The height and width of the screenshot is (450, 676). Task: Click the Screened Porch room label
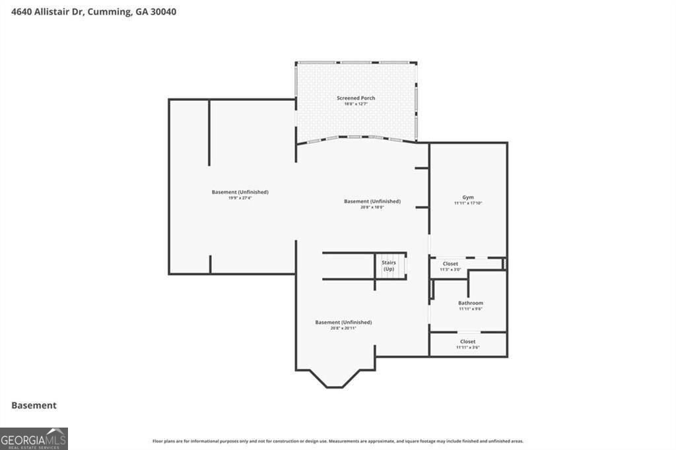356,98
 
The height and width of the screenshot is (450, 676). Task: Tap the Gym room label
468,197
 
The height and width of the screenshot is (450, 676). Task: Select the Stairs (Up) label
389,266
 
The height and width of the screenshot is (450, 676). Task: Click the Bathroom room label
471,303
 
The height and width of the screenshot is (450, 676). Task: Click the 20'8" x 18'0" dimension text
372,207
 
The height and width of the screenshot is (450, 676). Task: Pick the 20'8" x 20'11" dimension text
343,328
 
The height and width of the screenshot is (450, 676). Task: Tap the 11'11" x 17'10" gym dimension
468,203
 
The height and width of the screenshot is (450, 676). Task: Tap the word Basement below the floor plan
34,406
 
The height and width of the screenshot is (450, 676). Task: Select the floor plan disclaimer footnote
337,441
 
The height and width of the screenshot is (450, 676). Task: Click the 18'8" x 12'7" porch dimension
356,104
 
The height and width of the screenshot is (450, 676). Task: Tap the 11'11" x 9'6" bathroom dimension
471,309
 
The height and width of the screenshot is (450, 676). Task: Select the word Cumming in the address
108,11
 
